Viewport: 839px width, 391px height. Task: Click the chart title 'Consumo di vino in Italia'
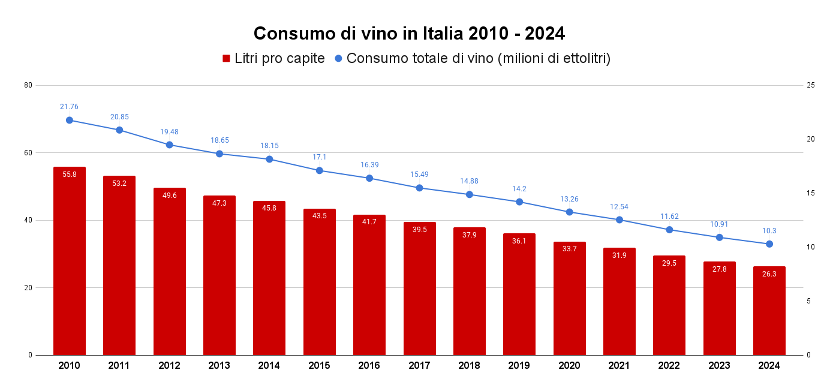(409, 34)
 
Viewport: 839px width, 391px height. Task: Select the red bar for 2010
(70, 264)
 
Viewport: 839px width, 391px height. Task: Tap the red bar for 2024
(769, 312)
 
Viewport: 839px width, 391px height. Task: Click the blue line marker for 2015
(320, 170)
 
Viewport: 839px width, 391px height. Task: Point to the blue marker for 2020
(569, 212)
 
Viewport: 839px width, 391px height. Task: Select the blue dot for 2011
(119, 130)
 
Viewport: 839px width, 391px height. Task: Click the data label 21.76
(69, 107)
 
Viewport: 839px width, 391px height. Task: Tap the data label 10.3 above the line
(769, 231)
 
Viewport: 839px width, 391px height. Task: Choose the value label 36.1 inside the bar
(519, 241)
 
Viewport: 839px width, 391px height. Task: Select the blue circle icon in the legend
(338, 59)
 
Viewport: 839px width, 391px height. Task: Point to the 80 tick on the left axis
(28, 85)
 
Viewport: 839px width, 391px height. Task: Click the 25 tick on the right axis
(810, 85)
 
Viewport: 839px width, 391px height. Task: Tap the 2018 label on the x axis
(469, 366)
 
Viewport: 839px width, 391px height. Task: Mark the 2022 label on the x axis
(669, 366)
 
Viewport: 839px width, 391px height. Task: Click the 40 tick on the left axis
(28, 220)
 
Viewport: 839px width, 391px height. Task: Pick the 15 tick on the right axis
(810, 193)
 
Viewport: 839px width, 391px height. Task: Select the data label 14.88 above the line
(469, 181)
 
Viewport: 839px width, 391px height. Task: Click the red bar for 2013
(219, 276)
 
